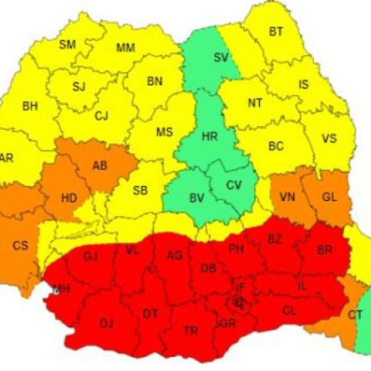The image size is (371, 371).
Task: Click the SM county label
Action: point(68,45)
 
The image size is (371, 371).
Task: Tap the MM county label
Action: point(125,48)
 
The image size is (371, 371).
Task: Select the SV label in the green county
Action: point(221,57)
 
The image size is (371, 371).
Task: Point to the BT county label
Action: point(276,32)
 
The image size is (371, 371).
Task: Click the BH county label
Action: point(30,106)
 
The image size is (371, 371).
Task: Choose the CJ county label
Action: point(102,115)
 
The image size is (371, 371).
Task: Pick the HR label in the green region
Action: point(211,137)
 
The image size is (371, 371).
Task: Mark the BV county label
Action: point(197,197)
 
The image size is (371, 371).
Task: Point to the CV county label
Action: point(234,185)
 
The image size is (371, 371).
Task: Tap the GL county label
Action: point(329,197)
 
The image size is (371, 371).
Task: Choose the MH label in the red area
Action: point(61,289)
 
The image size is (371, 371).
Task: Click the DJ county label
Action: point(107,323)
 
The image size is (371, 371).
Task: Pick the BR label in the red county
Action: point(324,250)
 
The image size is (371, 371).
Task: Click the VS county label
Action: point(329,139)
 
